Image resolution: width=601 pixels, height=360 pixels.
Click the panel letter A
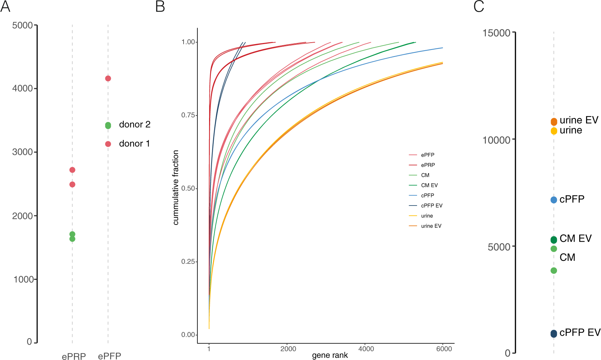5,7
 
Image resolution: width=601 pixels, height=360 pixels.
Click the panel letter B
160,7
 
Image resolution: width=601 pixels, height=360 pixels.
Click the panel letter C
479,7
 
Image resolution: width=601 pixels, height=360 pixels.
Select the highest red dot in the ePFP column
108,78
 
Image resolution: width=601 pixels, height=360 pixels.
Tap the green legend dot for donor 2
108,125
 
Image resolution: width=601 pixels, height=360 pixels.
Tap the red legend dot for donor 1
108,144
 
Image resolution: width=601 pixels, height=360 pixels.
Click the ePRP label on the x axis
74,356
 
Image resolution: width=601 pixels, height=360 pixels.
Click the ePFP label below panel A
109,356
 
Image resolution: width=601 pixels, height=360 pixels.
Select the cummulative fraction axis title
176,188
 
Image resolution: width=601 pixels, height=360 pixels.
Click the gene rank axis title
330,355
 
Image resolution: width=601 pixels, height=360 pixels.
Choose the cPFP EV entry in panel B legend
431,206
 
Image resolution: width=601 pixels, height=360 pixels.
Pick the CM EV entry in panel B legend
429,185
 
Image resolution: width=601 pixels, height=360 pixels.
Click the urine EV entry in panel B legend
431,226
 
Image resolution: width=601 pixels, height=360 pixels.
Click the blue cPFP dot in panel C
554,200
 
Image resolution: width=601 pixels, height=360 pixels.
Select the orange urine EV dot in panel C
554,122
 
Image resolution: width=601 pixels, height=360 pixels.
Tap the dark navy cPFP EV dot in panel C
554,333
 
